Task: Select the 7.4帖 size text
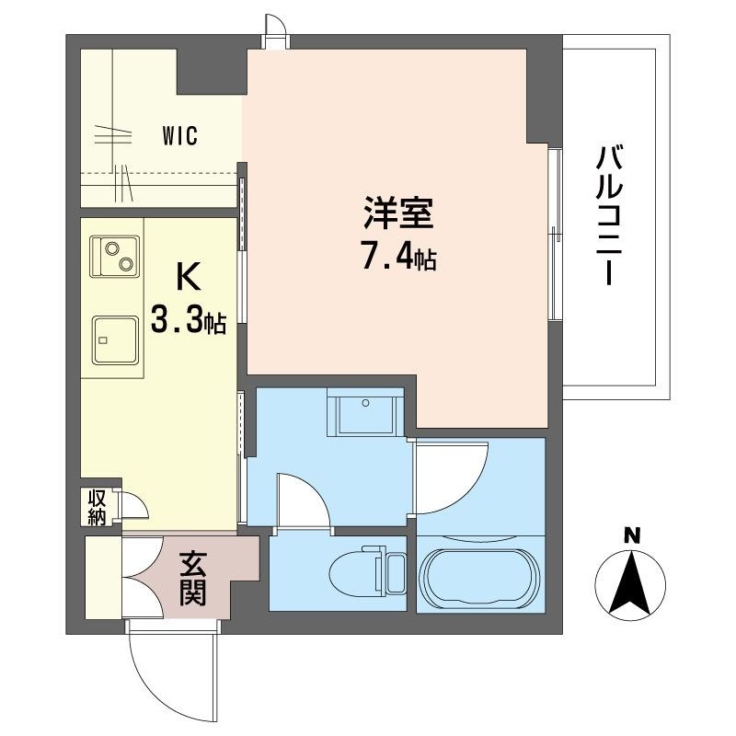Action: [397, 257]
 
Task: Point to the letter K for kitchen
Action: [187, 275]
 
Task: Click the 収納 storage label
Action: [97, 508]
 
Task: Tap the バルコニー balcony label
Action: [608, 215]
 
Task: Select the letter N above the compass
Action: [631, 535]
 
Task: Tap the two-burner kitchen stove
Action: [114, 257]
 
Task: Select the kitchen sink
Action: [114, 341]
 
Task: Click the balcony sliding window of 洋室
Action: [555, 234]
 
